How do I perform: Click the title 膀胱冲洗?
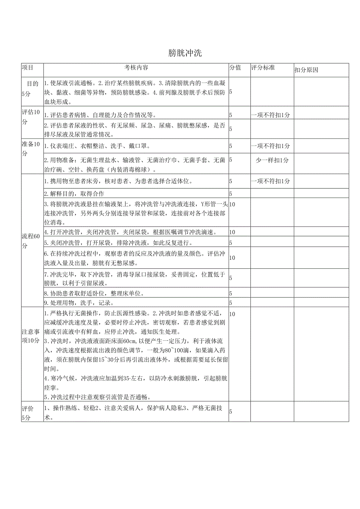[185, 53]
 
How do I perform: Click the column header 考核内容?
[136, 68]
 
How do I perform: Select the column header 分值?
[235, 68]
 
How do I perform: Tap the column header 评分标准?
[263, 68]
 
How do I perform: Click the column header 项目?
[27, 68]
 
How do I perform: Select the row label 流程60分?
[31, 241]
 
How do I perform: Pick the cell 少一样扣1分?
[272, 160]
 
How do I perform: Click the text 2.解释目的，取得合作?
[74, 194]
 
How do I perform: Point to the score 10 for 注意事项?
[232, 314]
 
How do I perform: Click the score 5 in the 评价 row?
[230, 412]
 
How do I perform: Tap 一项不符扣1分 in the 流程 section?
[272, 181]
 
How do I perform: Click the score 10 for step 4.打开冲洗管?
[232, 232]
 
